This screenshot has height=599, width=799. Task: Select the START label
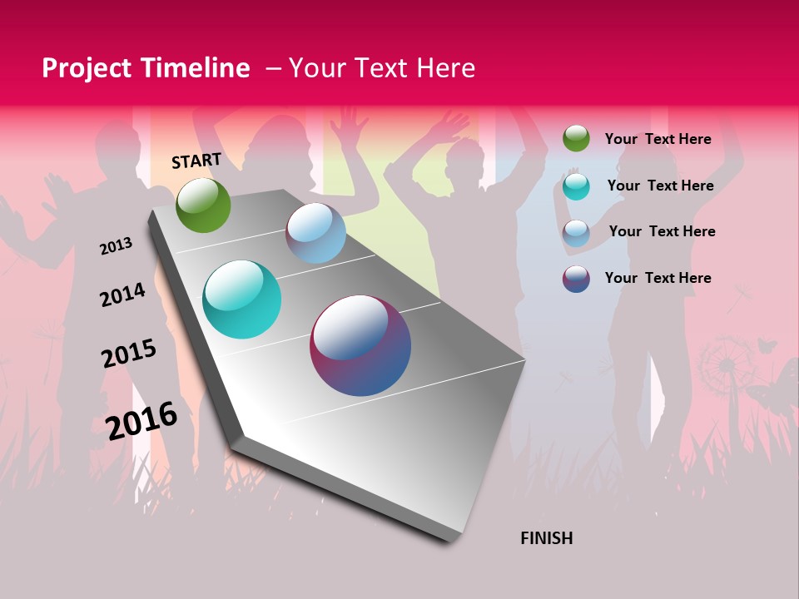pyautogui.click(x=196, y=161)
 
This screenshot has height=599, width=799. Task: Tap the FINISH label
pyautogui.click(x=547, y=538)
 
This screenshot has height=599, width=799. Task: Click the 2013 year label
pyautogui.click(x=116, y=246)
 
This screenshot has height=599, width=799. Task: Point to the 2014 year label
pyautogui.click(x=122, y=295)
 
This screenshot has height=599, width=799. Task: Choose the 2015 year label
pyautogui.click(x=129, y=354)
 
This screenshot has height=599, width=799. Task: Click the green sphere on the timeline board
pyautogui.click(x=203, y=205)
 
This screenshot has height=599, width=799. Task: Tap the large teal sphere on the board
pyautogui.click(x=242, y=299)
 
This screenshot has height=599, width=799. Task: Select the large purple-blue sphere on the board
pyautogui.click(x=360, y=345)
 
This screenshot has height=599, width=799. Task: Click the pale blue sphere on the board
pyautogui.click(x=315, y=233)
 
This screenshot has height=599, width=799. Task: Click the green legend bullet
pyautogui.click(x=576, y=138)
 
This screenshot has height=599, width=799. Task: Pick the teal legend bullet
pyautogui.click(x=576, y=186)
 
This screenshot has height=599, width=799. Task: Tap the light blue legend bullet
pyautogui.click(x=576, y=233)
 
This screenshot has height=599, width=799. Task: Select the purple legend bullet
pyautogui.click(x=576, y=279)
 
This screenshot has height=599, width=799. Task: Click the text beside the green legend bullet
pyautogui.click(x=658, y=139)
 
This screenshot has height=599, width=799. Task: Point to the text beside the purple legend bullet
pyautogui.click(x=658, y=278)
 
